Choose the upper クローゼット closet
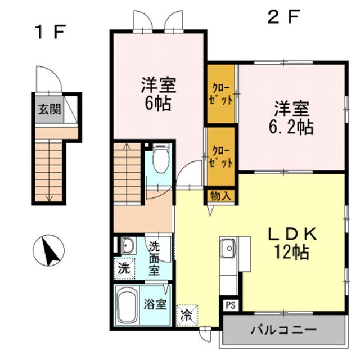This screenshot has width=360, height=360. pos(220,94)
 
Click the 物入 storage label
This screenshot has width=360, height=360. pos(220,195)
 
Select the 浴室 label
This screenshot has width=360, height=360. pos(156,305)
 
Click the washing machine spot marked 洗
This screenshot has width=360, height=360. pos(123,268)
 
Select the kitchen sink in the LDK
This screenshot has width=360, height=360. pos(228,247)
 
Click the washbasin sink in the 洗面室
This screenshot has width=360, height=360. pos(128,246)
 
